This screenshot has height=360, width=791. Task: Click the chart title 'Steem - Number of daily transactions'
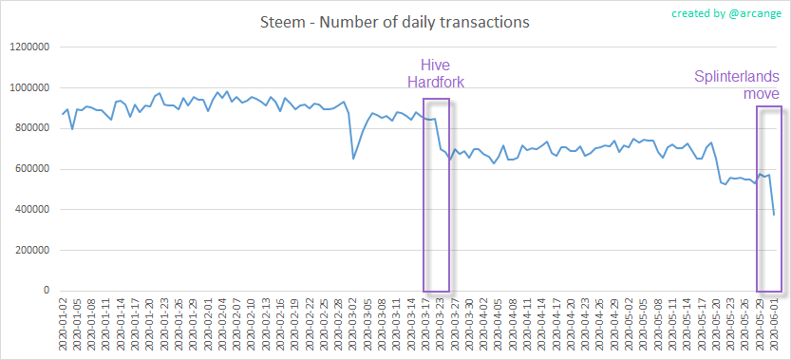(x=394, y=20)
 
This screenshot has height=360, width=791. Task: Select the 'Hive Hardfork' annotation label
(x=443, y=74)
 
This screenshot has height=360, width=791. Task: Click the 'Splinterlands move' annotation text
(x=736, y=85)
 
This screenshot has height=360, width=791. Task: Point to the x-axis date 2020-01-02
(x=63, y=324)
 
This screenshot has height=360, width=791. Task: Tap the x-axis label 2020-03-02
(x=353, y=324)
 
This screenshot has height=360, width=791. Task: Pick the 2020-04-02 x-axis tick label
(x=483, y=324)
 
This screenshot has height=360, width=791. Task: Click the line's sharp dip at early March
(x=353, y=158)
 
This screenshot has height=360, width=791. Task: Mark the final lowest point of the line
(x=774, y=215)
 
